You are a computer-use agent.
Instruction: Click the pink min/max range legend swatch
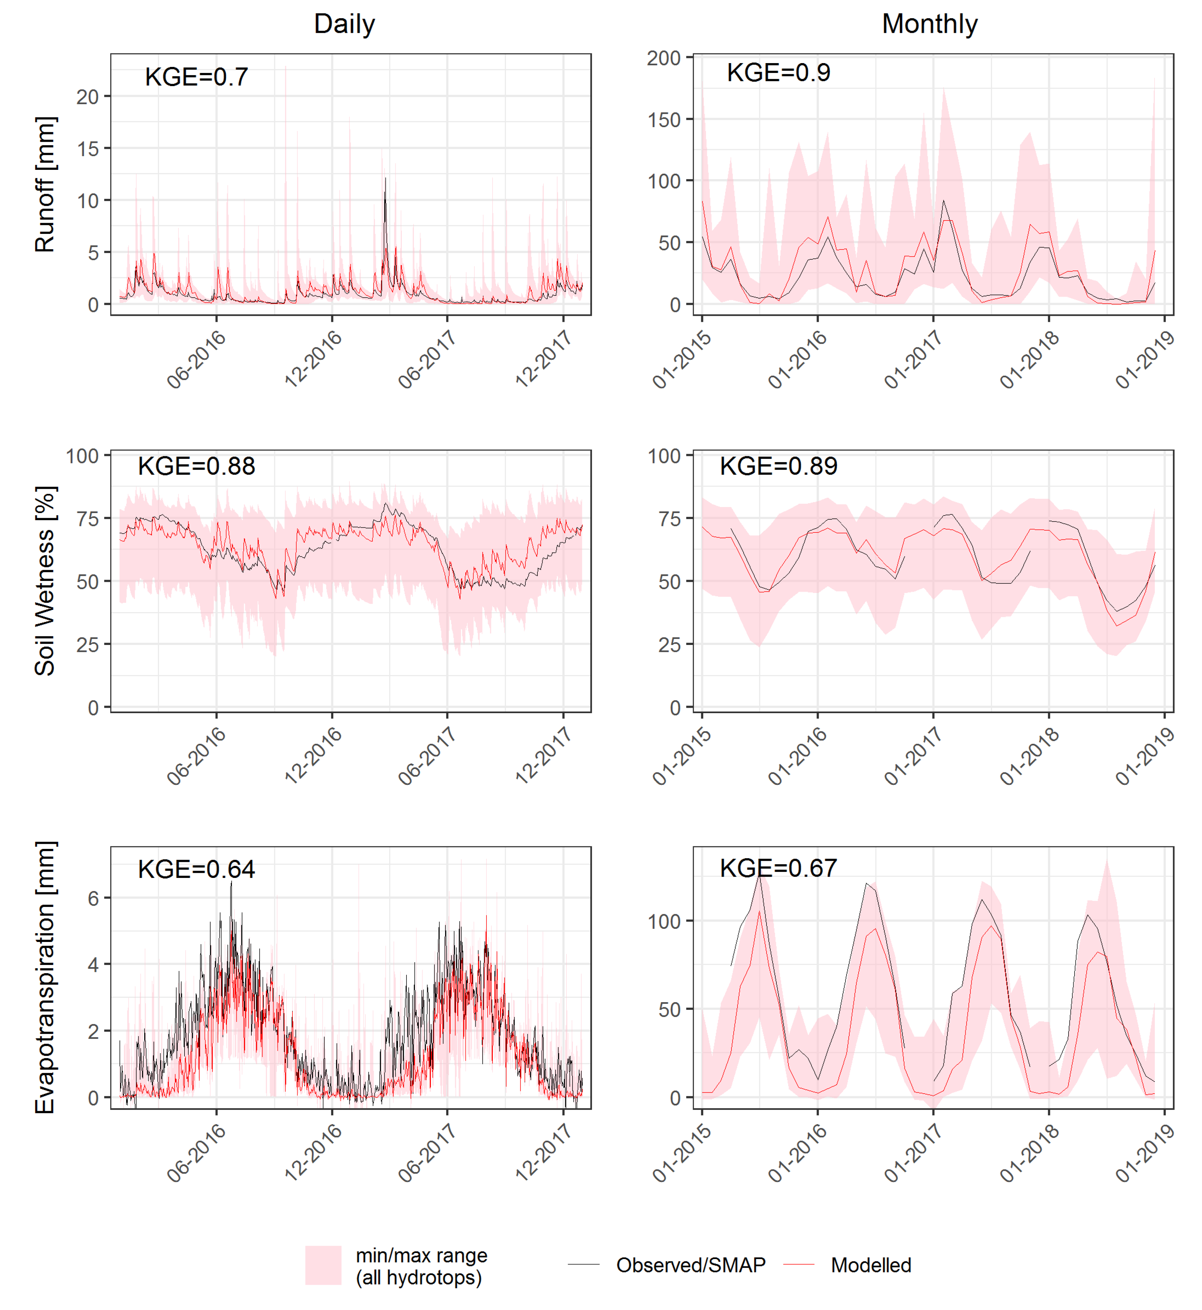coord(323,1265)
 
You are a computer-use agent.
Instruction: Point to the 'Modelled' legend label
coord(871,1265)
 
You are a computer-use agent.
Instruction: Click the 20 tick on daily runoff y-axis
coord(87,97)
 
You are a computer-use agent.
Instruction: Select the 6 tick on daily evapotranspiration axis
coord(93,898)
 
